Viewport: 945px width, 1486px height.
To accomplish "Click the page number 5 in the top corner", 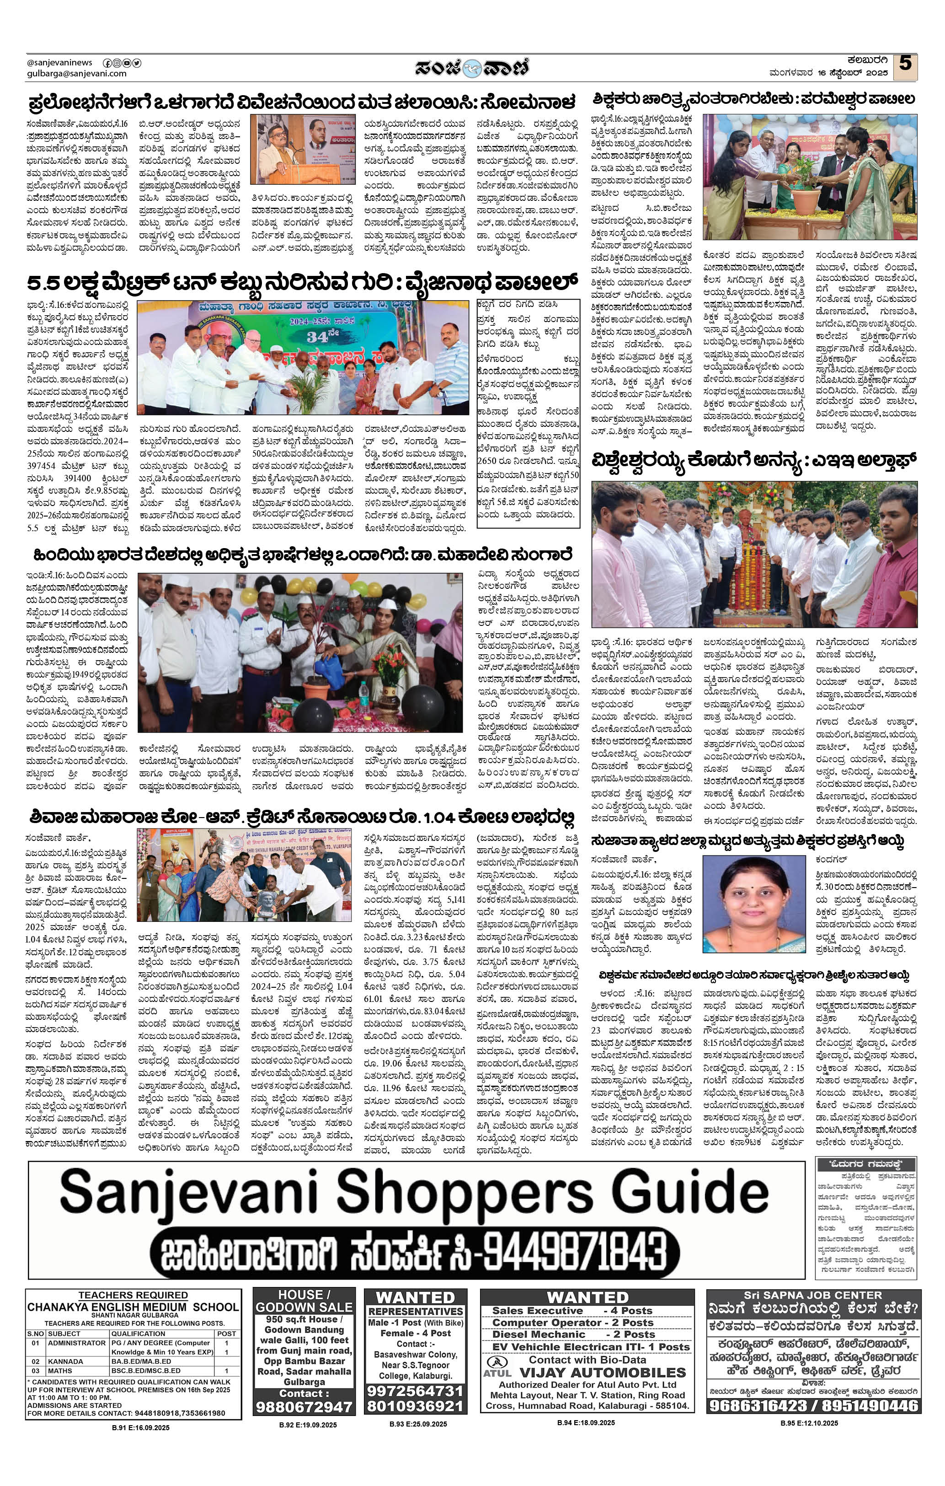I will [x=905, y=64].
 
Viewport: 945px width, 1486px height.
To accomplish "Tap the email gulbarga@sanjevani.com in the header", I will [x=76, y=74].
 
